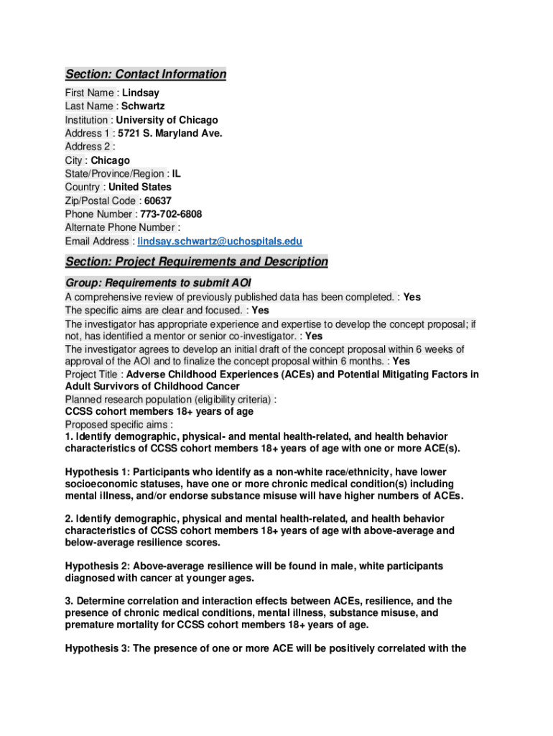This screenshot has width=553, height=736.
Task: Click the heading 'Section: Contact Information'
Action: pos(146,74)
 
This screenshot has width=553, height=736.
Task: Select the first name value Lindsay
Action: pos(141,93)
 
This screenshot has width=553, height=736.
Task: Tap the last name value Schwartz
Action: pos(143,106)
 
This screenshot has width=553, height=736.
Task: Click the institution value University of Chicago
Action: pos(167,120)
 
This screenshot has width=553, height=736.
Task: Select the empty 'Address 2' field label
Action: pos(90,147)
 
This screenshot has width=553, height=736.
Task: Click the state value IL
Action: pos(177,174)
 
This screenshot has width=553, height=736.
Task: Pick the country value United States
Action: pos(140,187)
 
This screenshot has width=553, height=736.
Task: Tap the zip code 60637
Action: pos(158,201)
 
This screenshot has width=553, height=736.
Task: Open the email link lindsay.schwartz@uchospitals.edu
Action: pos(220,241)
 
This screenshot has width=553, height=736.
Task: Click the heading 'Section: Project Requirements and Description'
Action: pos(196,262)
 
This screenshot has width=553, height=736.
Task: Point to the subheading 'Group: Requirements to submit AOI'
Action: pos(158,282)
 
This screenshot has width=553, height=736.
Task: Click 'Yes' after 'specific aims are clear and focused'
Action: pos(261,310)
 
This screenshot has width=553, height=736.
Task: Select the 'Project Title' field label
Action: pos(91,374)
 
